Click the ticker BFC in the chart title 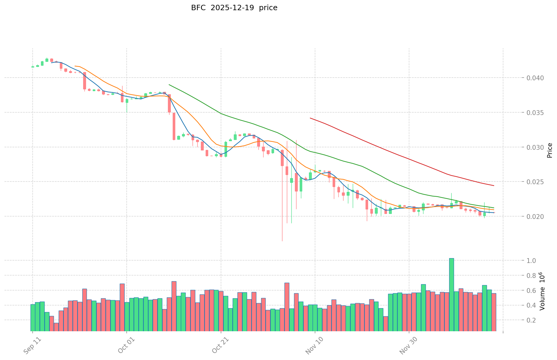pos(198,8)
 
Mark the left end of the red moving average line pos(310,118)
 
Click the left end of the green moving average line pos(169,84)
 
